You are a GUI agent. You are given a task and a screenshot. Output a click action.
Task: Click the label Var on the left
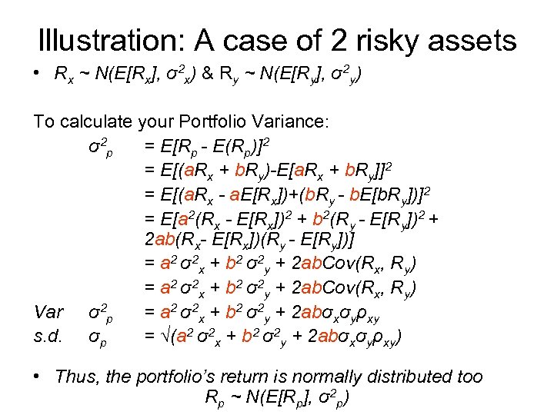tap(48, 313)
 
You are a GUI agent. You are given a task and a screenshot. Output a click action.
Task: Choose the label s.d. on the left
tap(48, 336)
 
